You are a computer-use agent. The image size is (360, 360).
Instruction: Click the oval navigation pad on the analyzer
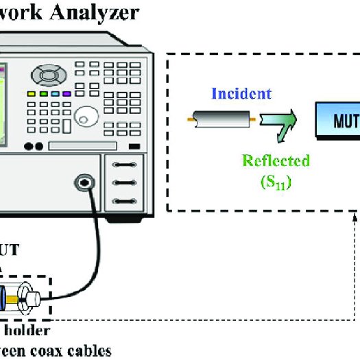click(x=49, y=72)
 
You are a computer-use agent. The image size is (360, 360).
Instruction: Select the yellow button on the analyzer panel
click(x=32, y=93)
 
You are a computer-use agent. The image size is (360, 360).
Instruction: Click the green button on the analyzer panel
click(x=43, y=93)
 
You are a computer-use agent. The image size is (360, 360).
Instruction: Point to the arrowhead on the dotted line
click(x=354, y=218)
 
